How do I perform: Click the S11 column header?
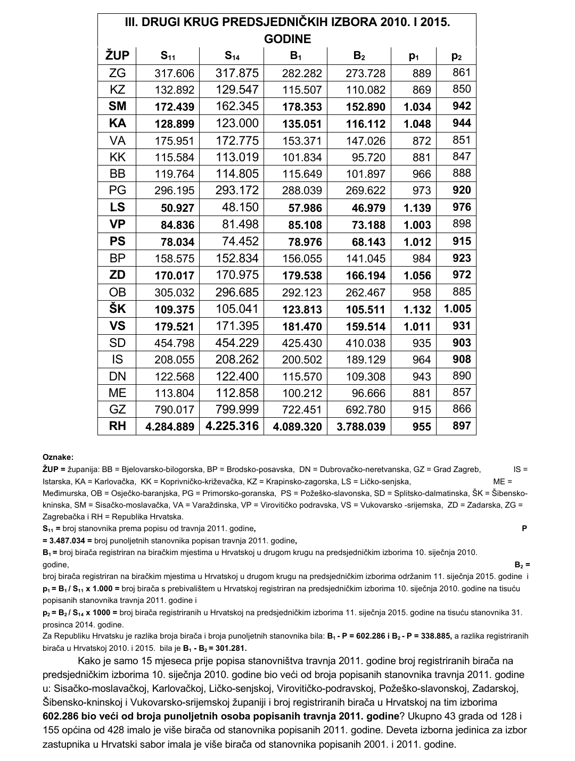tap(168, 56)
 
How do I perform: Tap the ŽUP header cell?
tap(117, 55)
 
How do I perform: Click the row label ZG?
tap(117, 73)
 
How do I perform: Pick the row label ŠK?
tap(117, 309)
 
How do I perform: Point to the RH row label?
tap(117, 426)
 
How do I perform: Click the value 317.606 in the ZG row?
tap(175, 73)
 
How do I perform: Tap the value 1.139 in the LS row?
tap(417, 208)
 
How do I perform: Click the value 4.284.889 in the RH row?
tap(168, 427)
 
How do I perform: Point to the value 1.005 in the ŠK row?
tap(457, 309)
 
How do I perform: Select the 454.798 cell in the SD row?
tap(175, 343)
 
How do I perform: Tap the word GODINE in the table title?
tap(287, 39)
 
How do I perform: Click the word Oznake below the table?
tap(58, 457)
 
